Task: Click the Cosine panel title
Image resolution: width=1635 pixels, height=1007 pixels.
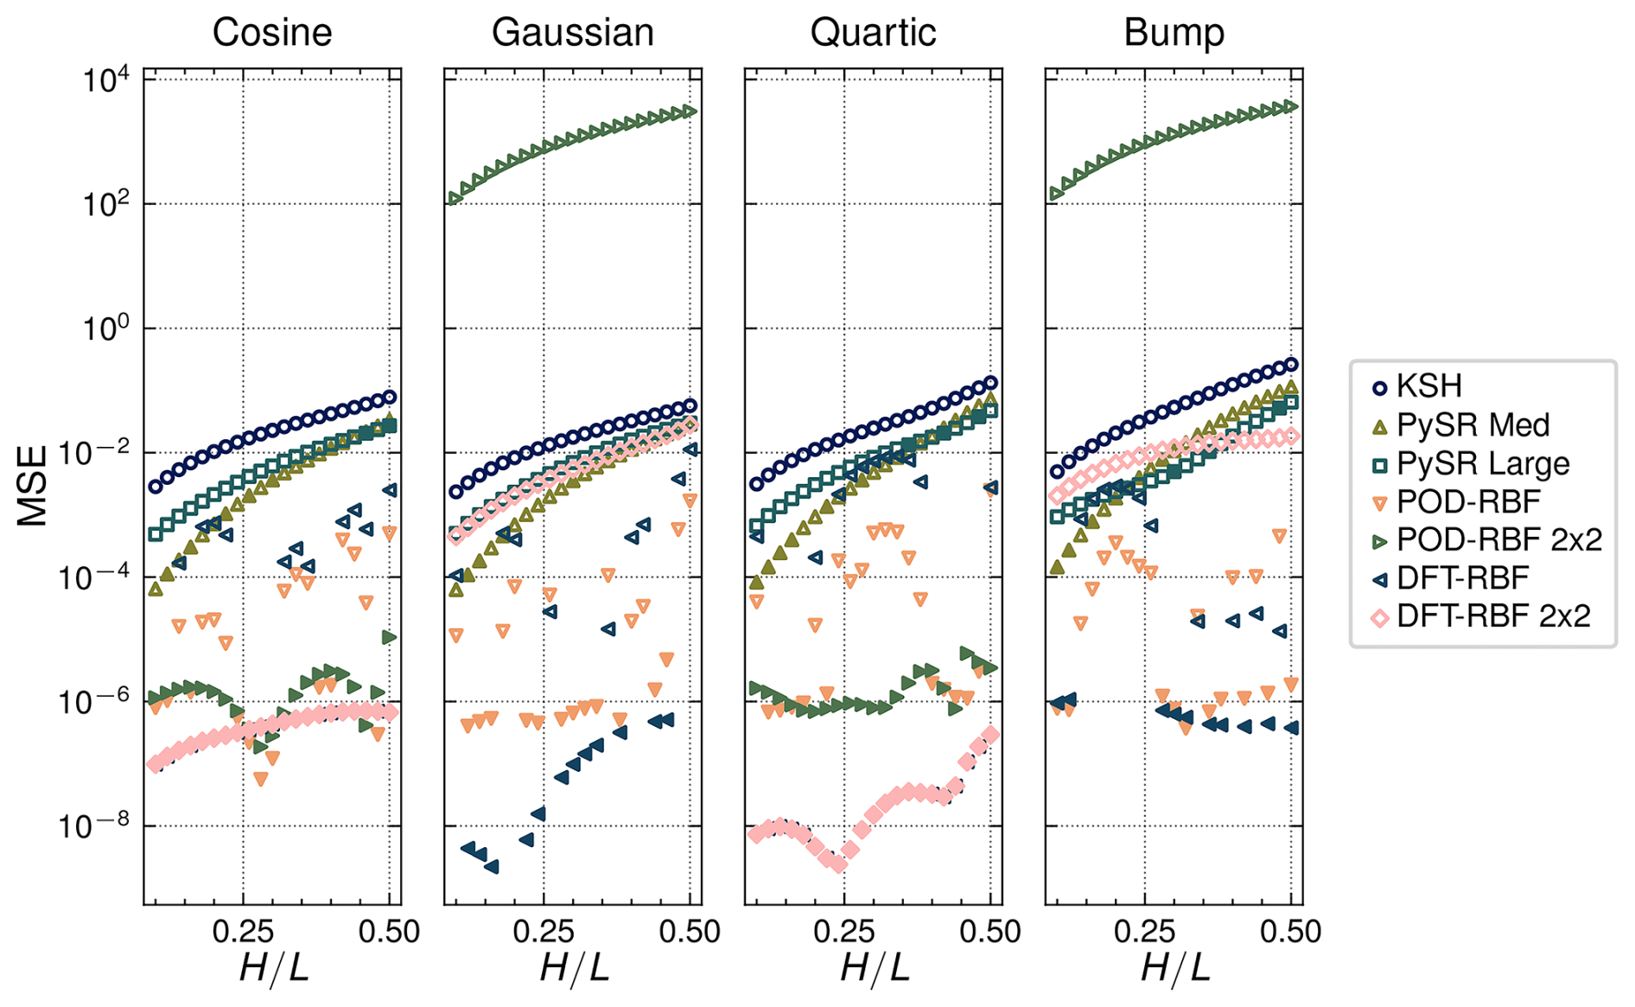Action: (272, 33)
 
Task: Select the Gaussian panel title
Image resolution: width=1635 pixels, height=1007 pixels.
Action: (572, 33)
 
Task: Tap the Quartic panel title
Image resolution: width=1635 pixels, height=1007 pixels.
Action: (873, 33)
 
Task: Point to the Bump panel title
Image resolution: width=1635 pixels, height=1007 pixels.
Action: (1174, 33)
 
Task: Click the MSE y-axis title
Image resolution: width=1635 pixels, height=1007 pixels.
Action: (33, 486)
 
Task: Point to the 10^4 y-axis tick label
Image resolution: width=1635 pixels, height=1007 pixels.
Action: (105, 80)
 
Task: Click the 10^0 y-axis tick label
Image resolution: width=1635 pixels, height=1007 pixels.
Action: (105, 329)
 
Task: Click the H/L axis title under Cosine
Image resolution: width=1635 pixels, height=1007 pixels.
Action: (273, 968)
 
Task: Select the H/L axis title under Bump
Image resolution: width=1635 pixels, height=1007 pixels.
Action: (1174, 968)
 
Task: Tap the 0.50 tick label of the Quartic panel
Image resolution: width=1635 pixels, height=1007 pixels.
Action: (990, 932)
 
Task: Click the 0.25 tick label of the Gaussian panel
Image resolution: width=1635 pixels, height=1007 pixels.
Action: (543, 932)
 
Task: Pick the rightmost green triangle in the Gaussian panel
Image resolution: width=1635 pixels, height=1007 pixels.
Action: (690, 112)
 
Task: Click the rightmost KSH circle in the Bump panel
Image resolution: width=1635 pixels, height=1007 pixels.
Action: (1291, 365)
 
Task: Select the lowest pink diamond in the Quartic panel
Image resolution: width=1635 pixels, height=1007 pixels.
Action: (837, 864)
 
